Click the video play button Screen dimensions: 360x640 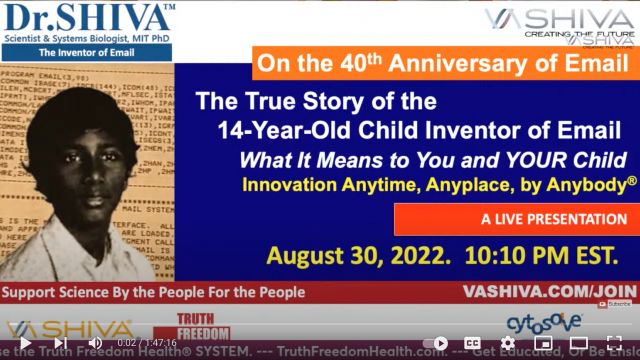click(24, 343)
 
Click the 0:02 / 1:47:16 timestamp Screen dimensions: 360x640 click(146, 343)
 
